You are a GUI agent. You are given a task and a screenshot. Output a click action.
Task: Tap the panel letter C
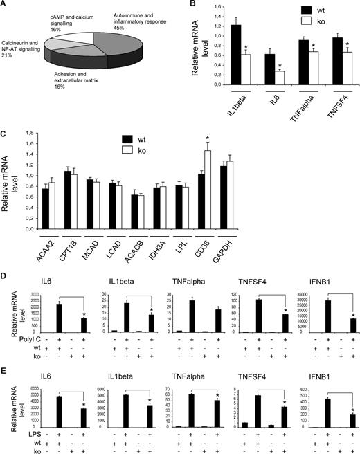coord(5,117)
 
